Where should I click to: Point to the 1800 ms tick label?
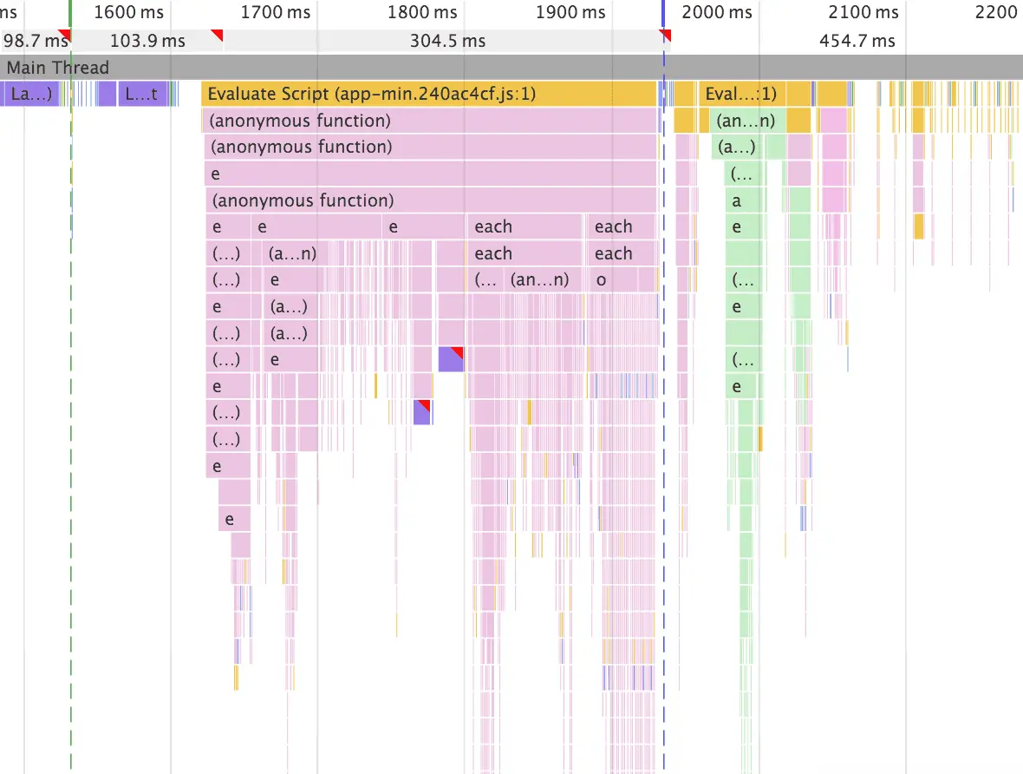(x=422, y=12)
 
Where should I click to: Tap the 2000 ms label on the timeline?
(x=717, y=12)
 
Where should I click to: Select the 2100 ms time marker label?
(x=863, y=12)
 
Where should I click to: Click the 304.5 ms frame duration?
(x=449, y=41)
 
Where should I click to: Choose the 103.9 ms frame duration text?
(x=148, y=41)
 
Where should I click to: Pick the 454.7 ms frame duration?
(x=857, y=41)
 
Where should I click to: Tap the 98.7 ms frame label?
(x=36, y=41)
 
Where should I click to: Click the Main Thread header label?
(x=58, y=68)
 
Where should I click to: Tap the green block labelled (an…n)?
(x=745, y=121)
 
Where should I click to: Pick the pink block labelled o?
(x=602, y=280)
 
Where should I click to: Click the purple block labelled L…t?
(x=142, y=94)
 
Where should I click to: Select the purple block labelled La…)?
(x=31, y=94)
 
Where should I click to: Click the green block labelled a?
(x=737, y=200)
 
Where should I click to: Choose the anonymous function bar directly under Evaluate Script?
(x=429, y=121)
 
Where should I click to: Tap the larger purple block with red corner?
(x=451, y=359)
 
